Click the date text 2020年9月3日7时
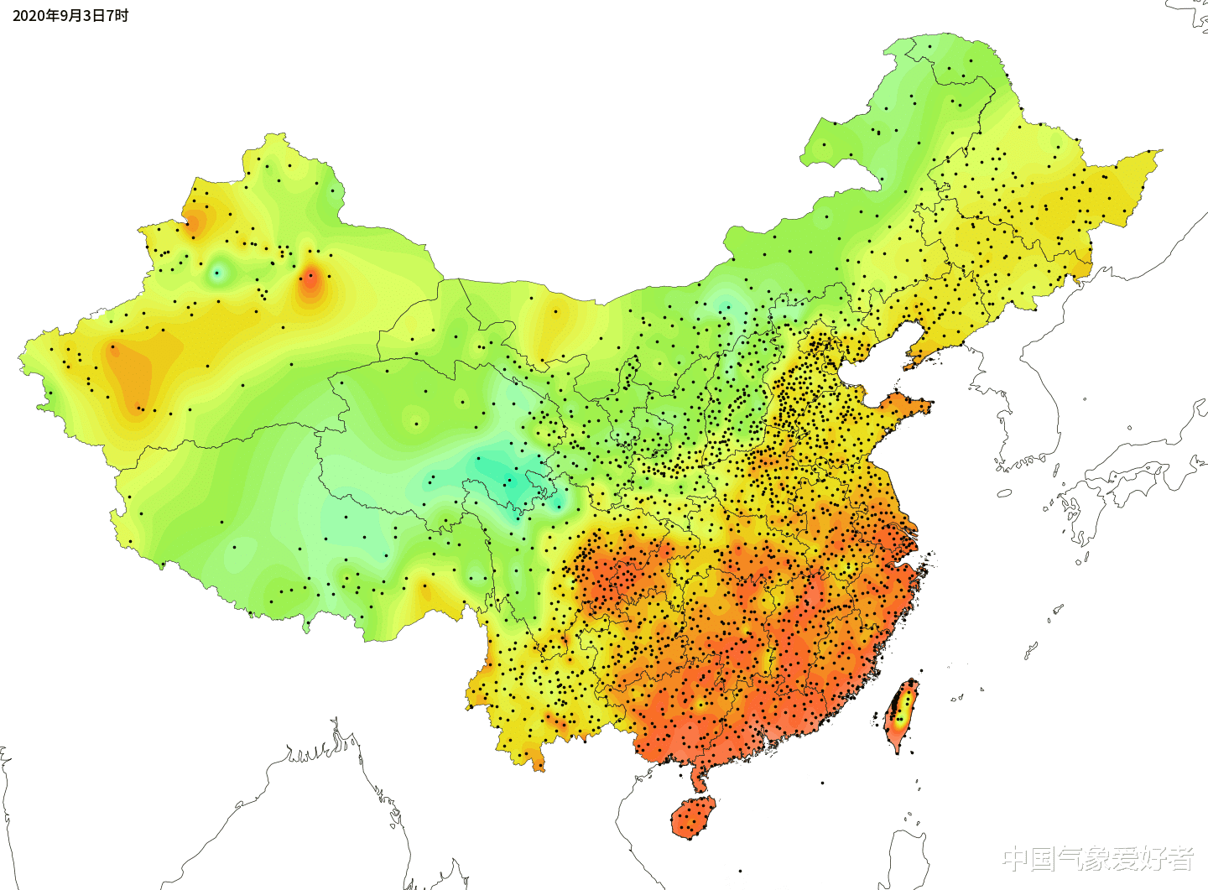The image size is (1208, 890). point(70,16)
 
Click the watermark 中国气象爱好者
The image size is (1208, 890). point(1098,858)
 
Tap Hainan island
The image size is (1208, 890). point(693,817)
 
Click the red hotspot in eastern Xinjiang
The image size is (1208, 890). point(310,279)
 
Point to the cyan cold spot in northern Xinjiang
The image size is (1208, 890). point(218,272)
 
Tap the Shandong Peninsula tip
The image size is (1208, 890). point(923,406)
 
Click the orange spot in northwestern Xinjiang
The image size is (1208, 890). point(194,222)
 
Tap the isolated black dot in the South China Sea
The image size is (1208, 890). point(822,783)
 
